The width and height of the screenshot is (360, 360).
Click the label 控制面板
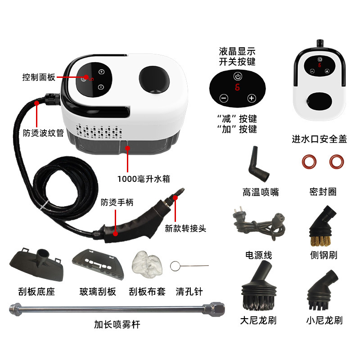click(x=39, y=77)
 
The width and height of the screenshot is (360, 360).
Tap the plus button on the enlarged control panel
click(x=252, y=98)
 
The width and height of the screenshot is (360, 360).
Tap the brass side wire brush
click(x=323, y=225)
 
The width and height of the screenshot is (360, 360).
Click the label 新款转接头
click(x=185, y=228)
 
